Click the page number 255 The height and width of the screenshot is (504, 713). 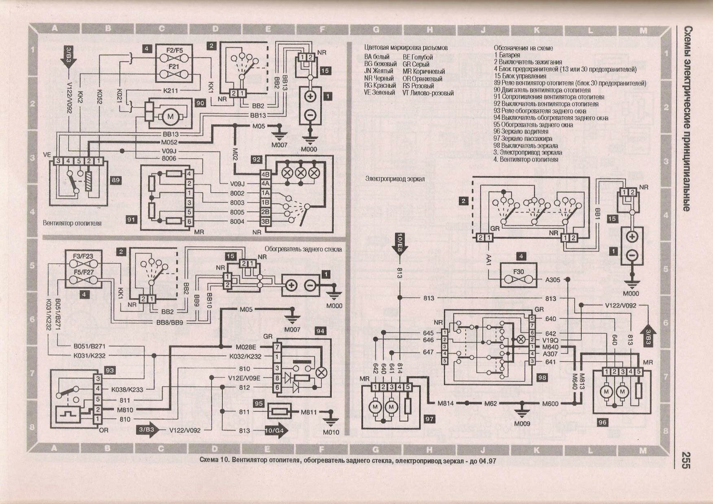686,460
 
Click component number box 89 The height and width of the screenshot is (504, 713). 115,180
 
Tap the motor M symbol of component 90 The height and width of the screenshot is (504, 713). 170,116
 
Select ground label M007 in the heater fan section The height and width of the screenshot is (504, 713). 279,145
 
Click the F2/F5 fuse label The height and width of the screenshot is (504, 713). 174,50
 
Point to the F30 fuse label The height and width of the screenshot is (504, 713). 518,272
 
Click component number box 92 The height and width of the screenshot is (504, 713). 256,160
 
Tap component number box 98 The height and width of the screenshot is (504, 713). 542,378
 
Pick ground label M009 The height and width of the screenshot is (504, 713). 522,424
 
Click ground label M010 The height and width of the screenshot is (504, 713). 331,432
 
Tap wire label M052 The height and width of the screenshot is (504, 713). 169,142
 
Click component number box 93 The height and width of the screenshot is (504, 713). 109,370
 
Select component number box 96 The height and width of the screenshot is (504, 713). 602,422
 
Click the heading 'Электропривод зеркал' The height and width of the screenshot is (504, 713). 395,179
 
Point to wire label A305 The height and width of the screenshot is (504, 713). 552,280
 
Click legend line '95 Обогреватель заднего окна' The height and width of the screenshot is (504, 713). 533,125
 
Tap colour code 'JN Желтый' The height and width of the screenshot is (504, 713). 378,71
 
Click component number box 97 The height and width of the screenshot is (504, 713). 429,419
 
